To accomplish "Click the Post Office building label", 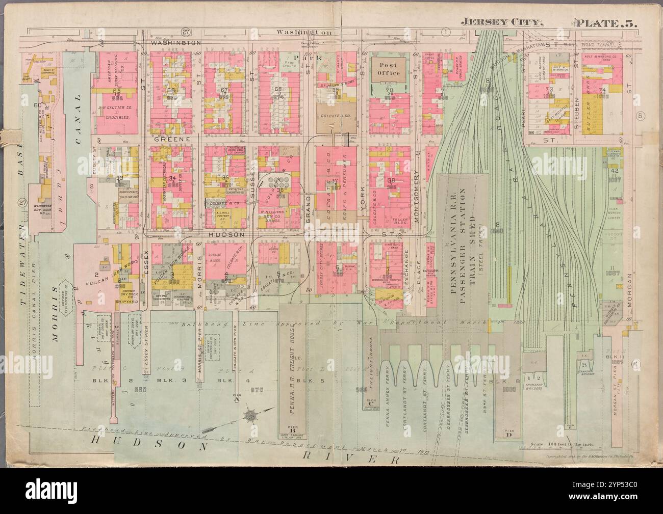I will (x=387, y=69).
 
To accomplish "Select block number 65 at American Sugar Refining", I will (x=116, y=91).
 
